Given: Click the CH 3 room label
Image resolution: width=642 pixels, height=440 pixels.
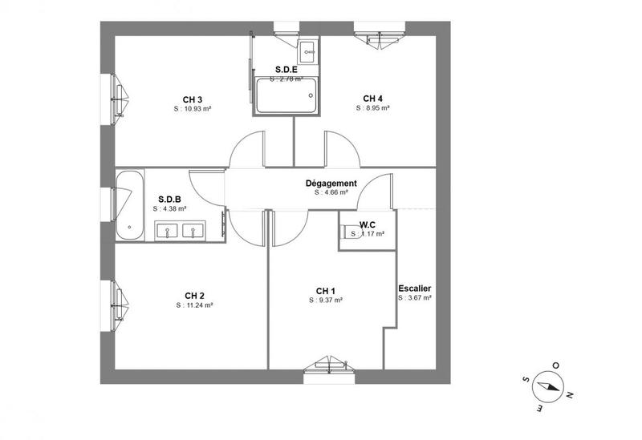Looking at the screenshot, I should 193,99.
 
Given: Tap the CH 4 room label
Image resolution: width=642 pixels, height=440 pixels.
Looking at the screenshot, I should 372,99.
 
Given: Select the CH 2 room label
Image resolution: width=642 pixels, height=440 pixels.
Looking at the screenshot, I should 193,296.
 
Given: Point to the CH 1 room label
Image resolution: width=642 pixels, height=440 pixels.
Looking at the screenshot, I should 325,290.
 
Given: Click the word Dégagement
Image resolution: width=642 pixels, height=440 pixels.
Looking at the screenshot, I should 331,183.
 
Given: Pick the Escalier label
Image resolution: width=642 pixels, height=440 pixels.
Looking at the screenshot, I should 415,289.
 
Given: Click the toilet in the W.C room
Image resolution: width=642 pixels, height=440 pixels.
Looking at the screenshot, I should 349,233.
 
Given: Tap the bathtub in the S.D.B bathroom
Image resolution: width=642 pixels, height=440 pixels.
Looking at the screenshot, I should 128,204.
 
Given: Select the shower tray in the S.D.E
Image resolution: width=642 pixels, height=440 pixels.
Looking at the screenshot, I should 286,96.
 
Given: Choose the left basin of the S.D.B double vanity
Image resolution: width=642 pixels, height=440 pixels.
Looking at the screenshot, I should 169,232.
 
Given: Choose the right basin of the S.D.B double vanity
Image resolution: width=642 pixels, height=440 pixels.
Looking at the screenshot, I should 193,232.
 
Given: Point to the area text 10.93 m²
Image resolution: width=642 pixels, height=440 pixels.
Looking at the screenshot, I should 194,109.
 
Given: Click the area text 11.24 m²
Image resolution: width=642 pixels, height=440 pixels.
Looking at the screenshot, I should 194,305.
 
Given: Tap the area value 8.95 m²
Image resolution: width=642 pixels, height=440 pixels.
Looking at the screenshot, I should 373,109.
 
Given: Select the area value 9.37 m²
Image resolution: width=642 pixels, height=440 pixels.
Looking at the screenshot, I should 327,300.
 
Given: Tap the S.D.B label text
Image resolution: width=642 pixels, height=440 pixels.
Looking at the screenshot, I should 169,199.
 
